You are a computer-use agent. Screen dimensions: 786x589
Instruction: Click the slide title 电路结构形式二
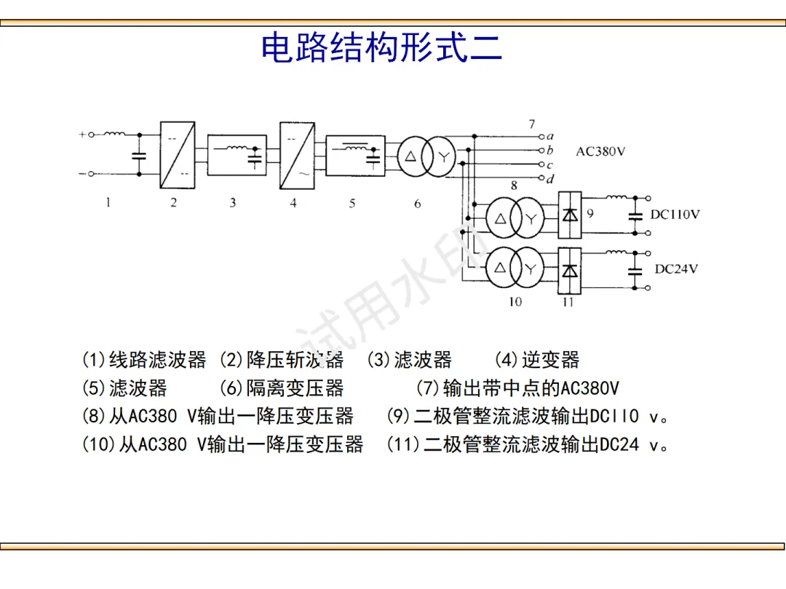click(381, 48)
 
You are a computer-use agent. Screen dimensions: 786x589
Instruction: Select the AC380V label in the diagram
click(600, 152)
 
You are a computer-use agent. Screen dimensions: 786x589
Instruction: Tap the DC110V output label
click(675, 215)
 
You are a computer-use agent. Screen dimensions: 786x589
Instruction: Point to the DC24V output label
click(676, 269)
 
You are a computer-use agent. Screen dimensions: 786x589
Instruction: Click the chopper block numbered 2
click(177, 155)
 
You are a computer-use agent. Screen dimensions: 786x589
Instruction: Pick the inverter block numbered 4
click(297, 155)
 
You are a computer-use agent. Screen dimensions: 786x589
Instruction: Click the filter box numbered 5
click(355, 155)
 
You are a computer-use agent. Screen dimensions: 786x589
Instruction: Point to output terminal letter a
click(550, 136)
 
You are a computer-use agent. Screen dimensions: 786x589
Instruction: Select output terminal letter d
click(550, 178)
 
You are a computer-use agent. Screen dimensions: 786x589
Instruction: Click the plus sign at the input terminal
click(82, 135)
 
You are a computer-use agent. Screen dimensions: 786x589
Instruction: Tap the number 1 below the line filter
click(108, 203)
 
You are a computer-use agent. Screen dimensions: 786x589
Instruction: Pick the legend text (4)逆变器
click(537, 360)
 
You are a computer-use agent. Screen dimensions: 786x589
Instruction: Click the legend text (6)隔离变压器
click(281, 388)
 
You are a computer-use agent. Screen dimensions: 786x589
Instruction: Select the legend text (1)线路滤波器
click(144, 360)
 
